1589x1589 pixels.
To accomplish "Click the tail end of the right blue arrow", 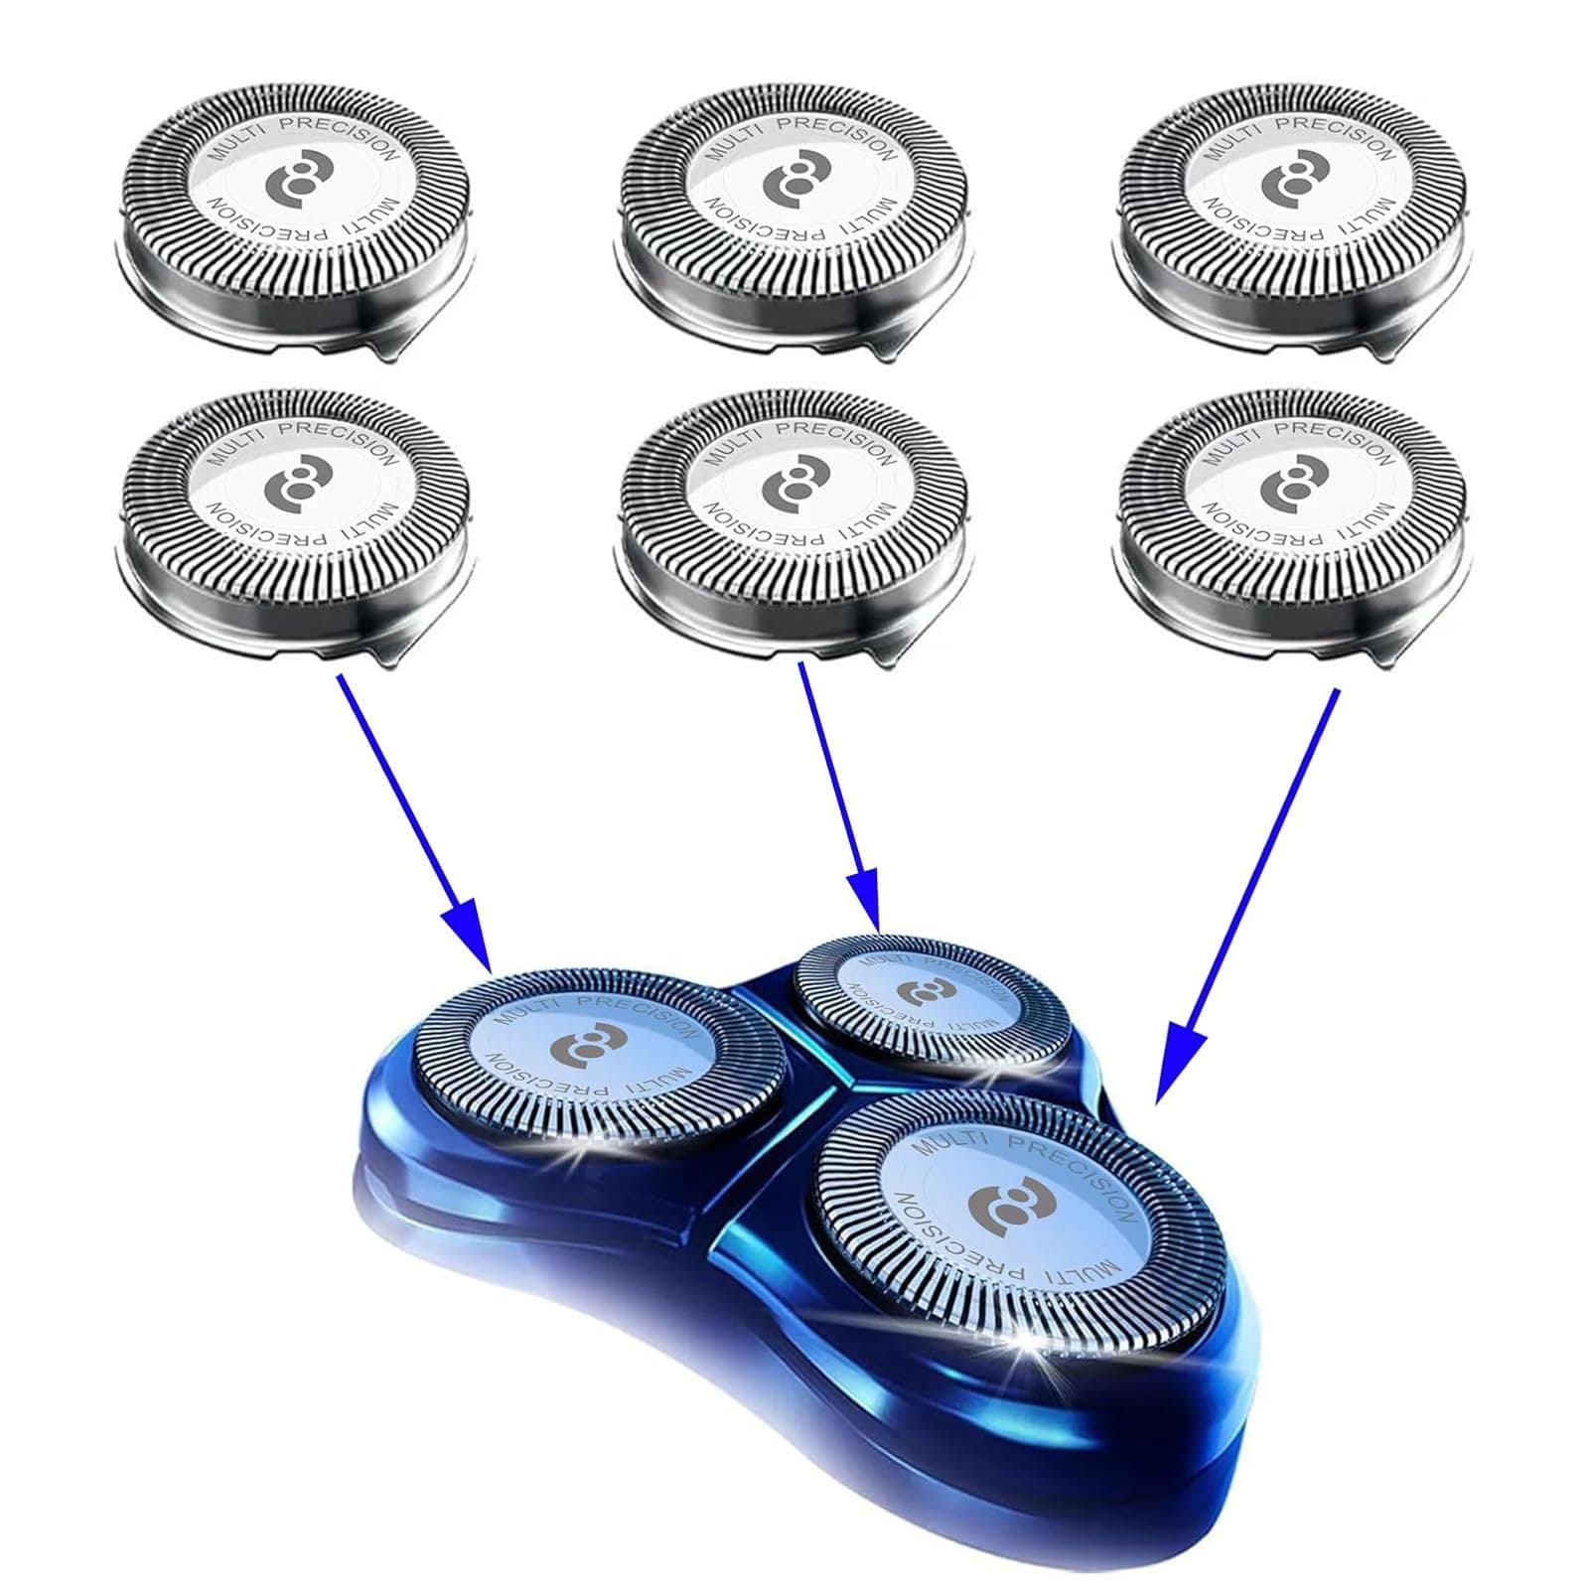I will click(1336, 692).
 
